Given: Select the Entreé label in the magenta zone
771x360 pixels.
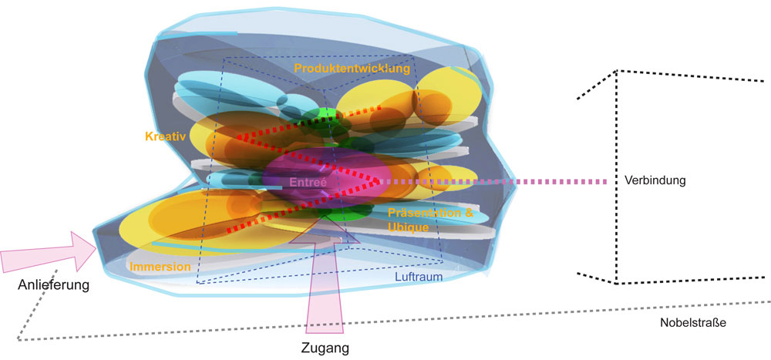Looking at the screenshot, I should point(308,183).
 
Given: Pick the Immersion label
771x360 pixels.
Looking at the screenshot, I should point(160,267).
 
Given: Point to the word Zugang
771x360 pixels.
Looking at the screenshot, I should point(324,347).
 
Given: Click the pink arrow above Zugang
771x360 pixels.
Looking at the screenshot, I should point(325,285).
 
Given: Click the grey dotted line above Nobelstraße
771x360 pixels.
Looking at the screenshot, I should point(463,318).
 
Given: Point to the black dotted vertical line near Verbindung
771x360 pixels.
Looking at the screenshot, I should point(616,177).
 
